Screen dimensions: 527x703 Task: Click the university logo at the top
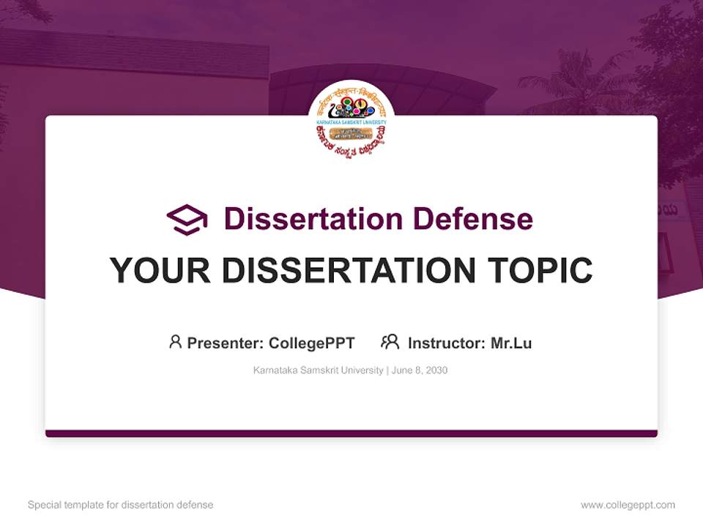pos(351,120)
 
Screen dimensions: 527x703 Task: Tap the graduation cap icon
pos(187,220)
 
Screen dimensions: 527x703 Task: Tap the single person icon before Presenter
pos(175,342)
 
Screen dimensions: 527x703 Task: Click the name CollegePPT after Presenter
pos(312,343)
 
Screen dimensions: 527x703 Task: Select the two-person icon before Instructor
pos(390,342)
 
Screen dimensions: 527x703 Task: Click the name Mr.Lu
pos(511,343)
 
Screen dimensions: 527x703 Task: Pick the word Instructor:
pos(447,343)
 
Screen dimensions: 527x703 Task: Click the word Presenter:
pos(226,343)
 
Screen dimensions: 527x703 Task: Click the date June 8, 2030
pos(420,370)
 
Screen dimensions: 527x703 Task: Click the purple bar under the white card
pos(351,433)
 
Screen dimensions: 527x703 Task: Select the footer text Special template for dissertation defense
pos(121,505)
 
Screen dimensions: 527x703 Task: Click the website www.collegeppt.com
pos(628,505)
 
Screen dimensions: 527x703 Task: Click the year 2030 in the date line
pos(435,370)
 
